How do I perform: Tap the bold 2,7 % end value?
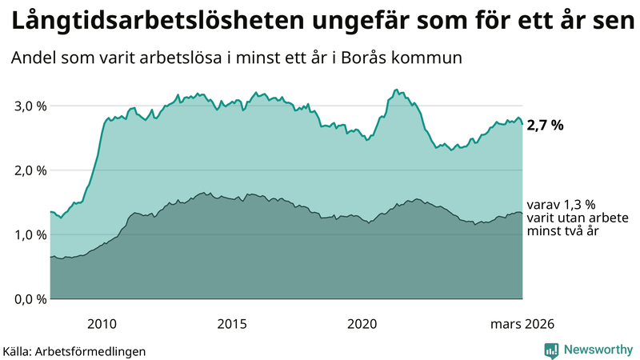click(545, 125)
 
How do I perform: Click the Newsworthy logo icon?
click(552, 350)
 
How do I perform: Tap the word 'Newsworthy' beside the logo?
click(597, 350)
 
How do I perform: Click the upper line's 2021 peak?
click(397, 90)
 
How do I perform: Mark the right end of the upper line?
click(522, 124)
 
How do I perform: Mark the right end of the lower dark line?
click(522, 213)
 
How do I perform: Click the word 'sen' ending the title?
click(614, 22)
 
